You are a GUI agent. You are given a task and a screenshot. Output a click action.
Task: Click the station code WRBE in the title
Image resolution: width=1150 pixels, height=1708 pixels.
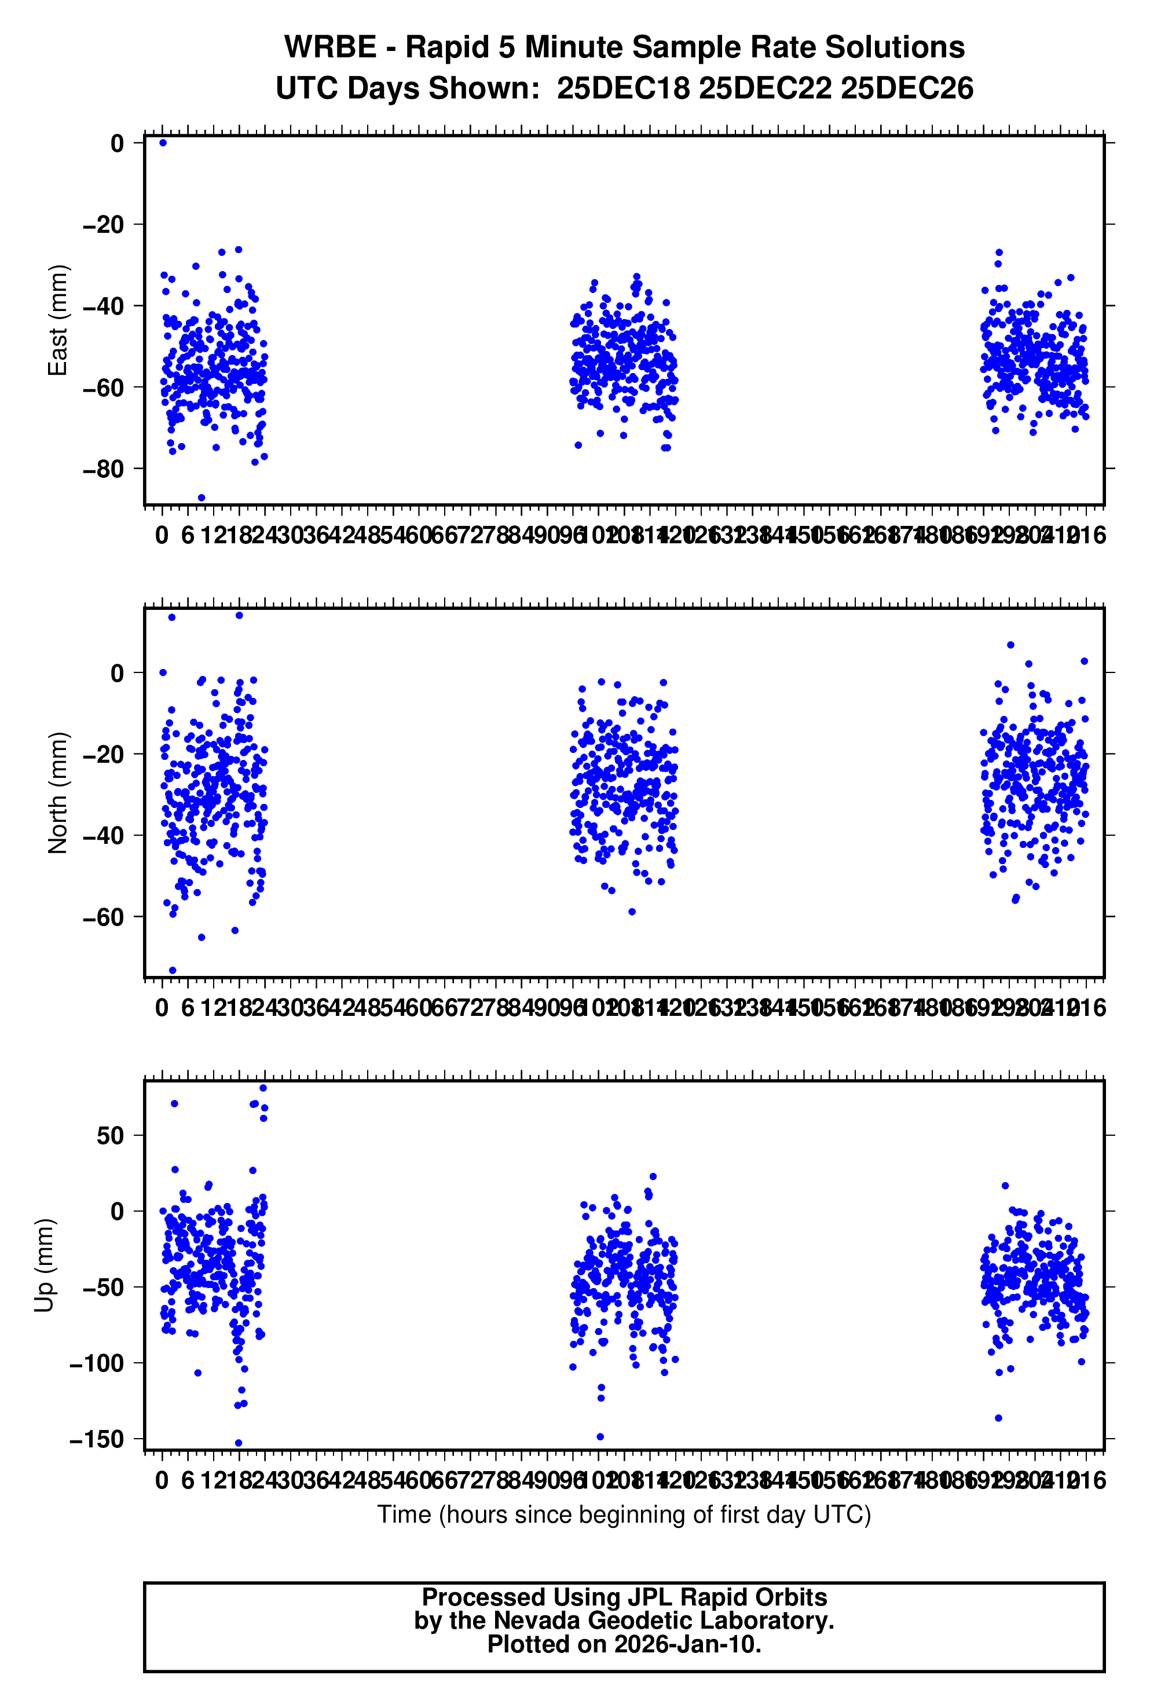coord(329,47)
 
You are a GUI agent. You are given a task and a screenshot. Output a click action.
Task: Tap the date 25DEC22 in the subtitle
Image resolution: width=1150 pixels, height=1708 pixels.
coord(765,89)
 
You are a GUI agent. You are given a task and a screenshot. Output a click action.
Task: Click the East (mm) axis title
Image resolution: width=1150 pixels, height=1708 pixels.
coord(57,320)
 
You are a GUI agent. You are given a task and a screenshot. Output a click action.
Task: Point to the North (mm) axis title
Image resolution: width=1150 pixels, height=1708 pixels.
coord(57,793)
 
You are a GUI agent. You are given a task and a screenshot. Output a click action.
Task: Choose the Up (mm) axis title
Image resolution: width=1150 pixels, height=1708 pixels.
coord(44,1265)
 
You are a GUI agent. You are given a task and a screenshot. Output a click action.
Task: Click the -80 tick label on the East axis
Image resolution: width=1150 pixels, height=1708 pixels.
coord(104,469)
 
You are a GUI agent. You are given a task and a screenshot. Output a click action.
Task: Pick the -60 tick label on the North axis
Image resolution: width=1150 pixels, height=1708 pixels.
coord(104,917)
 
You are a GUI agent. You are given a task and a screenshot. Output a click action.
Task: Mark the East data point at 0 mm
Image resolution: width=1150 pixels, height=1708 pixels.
coord(163,143)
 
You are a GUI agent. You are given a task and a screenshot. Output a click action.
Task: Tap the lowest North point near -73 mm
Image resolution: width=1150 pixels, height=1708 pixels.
coord(173,970)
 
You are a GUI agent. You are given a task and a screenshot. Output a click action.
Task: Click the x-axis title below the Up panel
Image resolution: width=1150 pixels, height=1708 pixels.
coord(624,1515)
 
